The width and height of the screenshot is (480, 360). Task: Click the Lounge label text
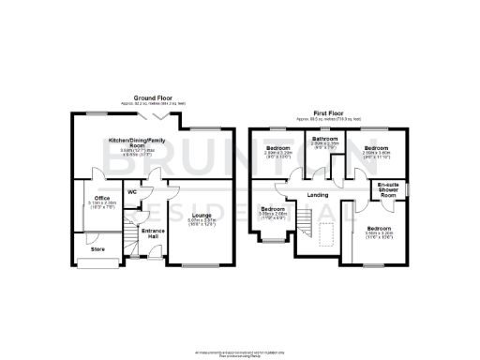(200, 215)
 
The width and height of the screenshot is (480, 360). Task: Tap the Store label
(97, 249)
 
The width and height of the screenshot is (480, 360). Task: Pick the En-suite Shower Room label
(389, 191)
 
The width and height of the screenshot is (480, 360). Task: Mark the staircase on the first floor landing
(306, 221)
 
